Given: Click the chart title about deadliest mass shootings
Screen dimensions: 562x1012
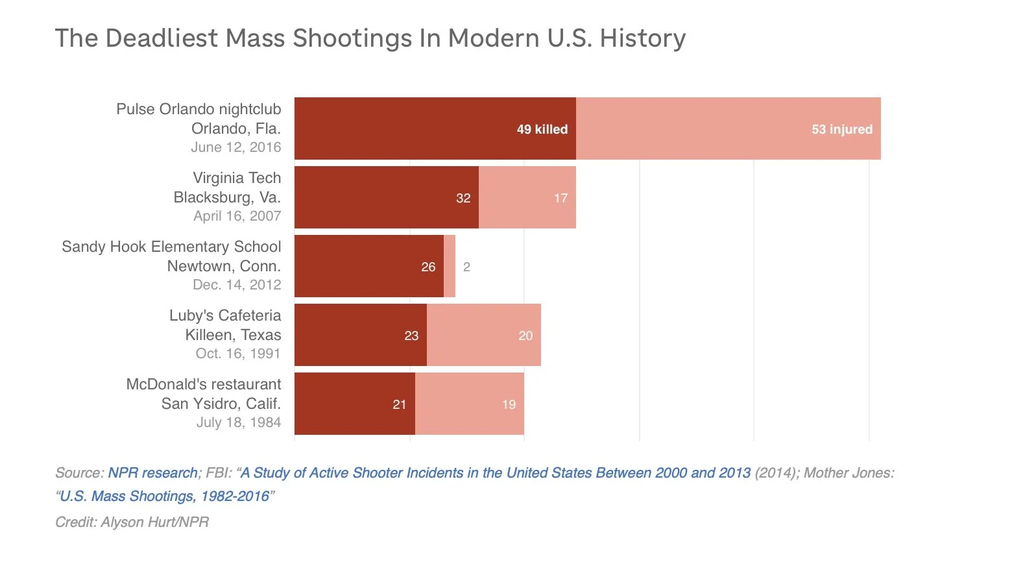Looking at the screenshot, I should (370, 38).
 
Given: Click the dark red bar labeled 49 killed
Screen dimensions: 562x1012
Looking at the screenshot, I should (435, 128).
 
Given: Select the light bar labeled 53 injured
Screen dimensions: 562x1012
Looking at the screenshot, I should (728, 128).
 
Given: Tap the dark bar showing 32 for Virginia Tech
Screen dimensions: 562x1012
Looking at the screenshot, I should (386, 197).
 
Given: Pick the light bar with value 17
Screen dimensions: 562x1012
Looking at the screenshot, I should (527, 197).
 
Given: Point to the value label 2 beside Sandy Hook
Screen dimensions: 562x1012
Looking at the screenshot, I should (466, 267).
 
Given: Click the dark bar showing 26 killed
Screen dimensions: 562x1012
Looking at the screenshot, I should (368, 266).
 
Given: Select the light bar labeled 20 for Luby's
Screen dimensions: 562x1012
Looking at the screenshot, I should (483, 335).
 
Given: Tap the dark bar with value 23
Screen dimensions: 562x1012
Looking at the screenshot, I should (360, 335).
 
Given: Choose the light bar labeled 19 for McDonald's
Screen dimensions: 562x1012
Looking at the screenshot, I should (469, 404).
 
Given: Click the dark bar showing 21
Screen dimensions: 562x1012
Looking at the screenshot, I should (354, 404).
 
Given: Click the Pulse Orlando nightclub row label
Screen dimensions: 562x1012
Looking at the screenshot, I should (199, 109).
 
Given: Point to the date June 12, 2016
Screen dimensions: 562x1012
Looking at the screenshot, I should (236, 147).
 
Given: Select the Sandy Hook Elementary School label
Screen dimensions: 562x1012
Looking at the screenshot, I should (171, 247).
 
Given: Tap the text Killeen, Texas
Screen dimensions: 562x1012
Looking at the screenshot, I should (234, 335).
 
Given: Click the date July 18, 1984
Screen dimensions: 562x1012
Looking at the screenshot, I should (239, 422).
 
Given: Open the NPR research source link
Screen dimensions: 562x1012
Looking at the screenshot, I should (152, 473).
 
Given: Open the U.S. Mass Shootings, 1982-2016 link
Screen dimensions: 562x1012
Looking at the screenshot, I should (164, 496).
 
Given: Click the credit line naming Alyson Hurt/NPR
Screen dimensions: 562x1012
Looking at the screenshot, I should (132, 522).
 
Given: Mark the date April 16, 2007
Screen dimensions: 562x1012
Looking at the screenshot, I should (237, 216).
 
